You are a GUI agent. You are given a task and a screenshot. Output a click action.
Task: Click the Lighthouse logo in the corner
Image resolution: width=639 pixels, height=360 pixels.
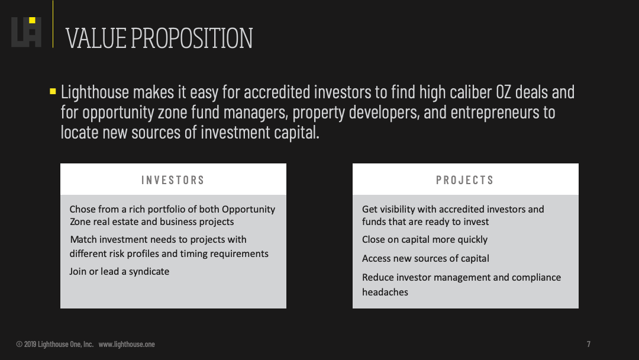pyautogui.click(x=26, y=32)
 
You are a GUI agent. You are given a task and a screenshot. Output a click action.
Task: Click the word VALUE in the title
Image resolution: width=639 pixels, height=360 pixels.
pyautogui.click(x=96, y=38)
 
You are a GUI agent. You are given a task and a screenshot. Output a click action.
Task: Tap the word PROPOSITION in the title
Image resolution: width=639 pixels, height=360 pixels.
pyautogui.click(x=192, y=38)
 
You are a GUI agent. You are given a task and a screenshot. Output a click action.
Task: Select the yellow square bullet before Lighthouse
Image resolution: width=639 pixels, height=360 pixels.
pyautogui.click(x=53, y=91)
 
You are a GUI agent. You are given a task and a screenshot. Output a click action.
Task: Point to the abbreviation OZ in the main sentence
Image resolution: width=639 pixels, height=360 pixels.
pyautogui.click(x=503, y=92)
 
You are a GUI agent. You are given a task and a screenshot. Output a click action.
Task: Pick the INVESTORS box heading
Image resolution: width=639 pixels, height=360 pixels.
pyautogui.click(x=173, y=180)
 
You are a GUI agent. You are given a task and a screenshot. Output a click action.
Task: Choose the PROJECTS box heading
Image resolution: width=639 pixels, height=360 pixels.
pyautogui.click(x=464, y=180)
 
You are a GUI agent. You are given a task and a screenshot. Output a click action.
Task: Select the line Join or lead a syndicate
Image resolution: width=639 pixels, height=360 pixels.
pyautogui.click(x=119, y=272)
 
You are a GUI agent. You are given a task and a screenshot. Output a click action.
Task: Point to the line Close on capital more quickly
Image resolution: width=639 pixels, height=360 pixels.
pyautogui.click(x=425, y=240)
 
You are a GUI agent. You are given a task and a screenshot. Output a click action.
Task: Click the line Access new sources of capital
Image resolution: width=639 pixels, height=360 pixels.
pyautogui.click(x=425, y=259)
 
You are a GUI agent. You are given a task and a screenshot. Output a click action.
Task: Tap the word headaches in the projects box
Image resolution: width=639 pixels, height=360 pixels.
pyautogui.click(x=385, y=292)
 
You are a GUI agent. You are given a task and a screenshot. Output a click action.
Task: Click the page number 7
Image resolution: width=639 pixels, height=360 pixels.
pyautogui.click(x=589, y=344)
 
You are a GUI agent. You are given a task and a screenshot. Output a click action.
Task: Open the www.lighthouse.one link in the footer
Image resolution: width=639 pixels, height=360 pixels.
pyautogui.click(x=127, y=344)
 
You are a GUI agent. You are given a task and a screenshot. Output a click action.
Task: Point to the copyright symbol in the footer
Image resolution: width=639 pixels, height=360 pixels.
pyautogui.click(x=19, y=344)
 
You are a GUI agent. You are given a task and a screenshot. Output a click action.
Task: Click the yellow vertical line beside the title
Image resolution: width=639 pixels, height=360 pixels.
pyautogui.click(x=53, y=24)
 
